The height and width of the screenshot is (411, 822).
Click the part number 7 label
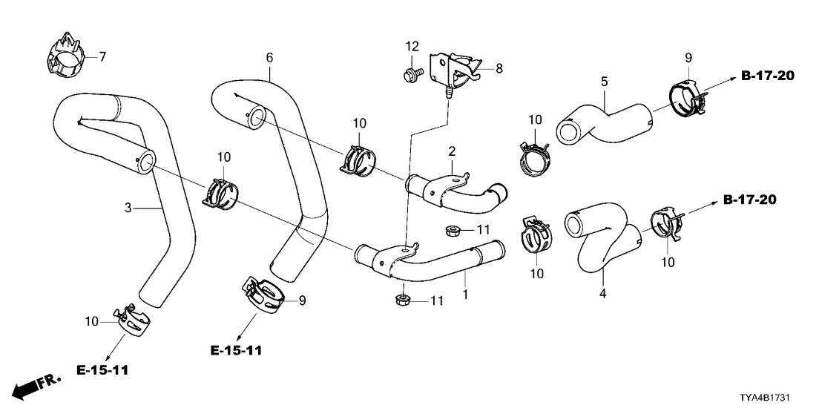[103, 56]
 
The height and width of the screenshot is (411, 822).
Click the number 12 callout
[412, 47]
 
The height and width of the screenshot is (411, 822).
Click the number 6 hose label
[269, 56]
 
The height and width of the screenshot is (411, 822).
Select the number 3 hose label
[128, 208]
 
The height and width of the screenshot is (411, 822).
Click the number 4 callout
[602, 295]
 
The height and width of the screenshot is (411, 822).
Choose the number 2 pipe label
[450, 151]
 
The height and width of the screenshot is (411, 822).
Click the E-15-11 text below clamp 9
[235, 349]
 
